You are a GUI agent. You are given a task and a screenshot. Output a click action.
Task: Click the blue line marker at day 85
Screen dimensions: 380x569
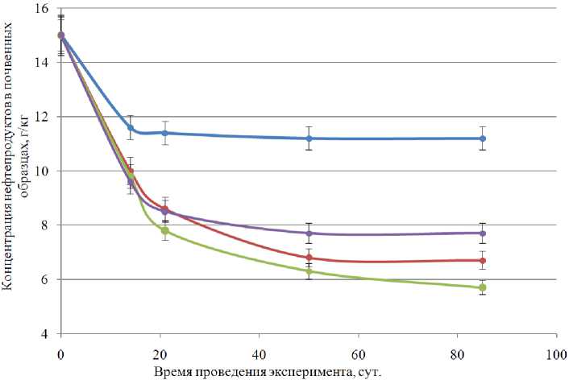[x=483, y=138]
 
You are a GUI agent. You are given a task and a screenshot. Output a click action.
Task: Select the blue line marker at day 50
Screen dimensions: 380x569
[x=309, y=138]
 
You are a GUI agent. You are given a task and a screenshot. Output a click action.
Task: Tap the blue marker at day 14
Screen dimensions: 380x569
[x=130, y=127]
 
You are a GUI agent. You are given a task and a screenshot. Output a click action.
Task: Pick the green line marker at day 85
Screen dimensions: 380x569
[x=483, y=287]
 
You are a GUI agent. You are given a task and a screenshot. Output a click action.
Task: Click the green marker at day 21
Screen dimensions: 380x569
[x=165, y=230]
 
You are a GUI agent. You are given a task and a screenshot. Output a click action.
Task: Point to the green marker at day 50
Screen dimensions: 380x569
[x=309, y=271]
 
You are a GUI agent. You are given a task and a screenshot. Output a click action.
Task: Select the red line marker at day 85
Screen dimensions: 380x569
[x=483, y=260]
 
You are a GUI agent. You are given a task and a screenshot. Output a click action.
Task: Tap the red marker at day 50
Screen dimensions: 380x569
[x=309, y=258]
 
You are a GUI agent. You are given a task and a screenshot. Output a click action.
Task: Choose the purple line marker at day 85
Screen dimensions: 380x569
[x=483, y=233]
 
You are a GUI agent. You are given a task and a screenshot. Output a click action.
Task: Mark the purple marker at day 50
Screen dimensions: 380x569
[x=309, y=233]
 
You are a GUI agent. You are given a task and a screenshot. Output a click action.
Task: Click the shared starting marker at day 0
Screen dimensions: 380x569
[x=60, y=35]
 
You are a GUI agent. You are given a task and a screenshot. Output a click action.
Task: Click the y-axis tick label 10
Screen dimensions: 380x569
[x=44, y=171]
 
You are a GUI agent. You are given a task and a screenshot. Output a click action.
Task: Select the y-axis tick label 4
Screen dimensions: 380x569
[x=48, y=334]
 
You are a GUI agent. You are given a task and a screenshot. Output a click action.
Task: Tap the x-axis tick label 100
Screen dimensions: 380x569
[x=555, y=354]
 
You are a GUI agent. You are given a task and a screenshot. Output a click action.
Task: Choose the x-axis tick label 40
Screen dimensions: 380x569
[x=258, y=354]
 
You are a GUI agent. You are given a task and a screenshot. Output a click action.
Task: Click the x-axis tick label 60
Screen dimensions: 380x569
[x=357, y=354]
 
